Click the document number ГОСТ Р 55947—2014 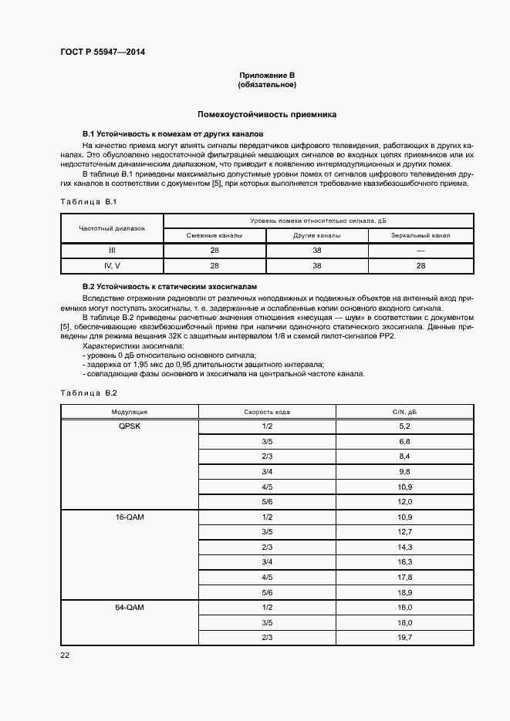[103, 52]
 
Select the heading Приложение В [266, 76]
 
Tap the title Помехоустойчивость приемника [266, 113]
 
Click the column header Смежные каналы [214, 235]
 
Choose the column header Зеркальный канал [420, 235]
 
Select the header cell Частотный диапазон [111, 228]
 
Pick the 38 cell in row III [317, 251]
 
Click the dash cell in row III [420, 251]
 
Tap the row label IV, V [111, 265]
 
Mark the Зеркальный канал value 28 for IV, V [420, 265]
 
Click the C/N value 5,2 [404, 426]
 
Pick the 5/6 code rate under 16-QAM [267, 592]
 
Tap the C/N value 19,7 [404, 638]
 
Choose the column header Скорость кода [267, 412]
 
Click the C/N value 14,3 [404, 547]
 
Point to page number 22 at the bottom [65, 655]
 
